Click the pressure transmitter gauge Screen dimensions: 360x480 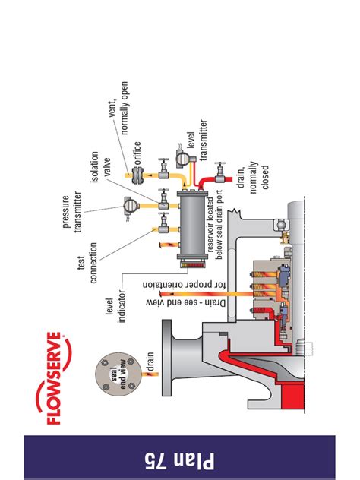click(x=130, y=206)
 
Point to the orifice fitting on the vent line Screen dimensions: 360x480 click(x=137, y=175)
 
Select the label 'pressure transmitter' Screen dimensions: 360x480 click(x=72, y=212)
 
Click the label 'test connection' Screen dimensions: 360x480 click(x=87, y=263)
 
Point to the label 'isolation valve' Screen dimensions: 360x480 click(x=100, y=167)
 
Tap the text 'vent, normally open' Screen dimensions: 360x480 click(x=118, y=108)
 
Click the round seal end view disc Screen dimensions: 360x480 click(x=118, y=375)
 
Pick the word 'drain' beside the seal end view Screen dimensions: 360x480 click(x=150, y=361)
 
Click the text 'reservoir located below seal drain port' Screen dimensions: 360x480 click(x=215, y=226)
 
